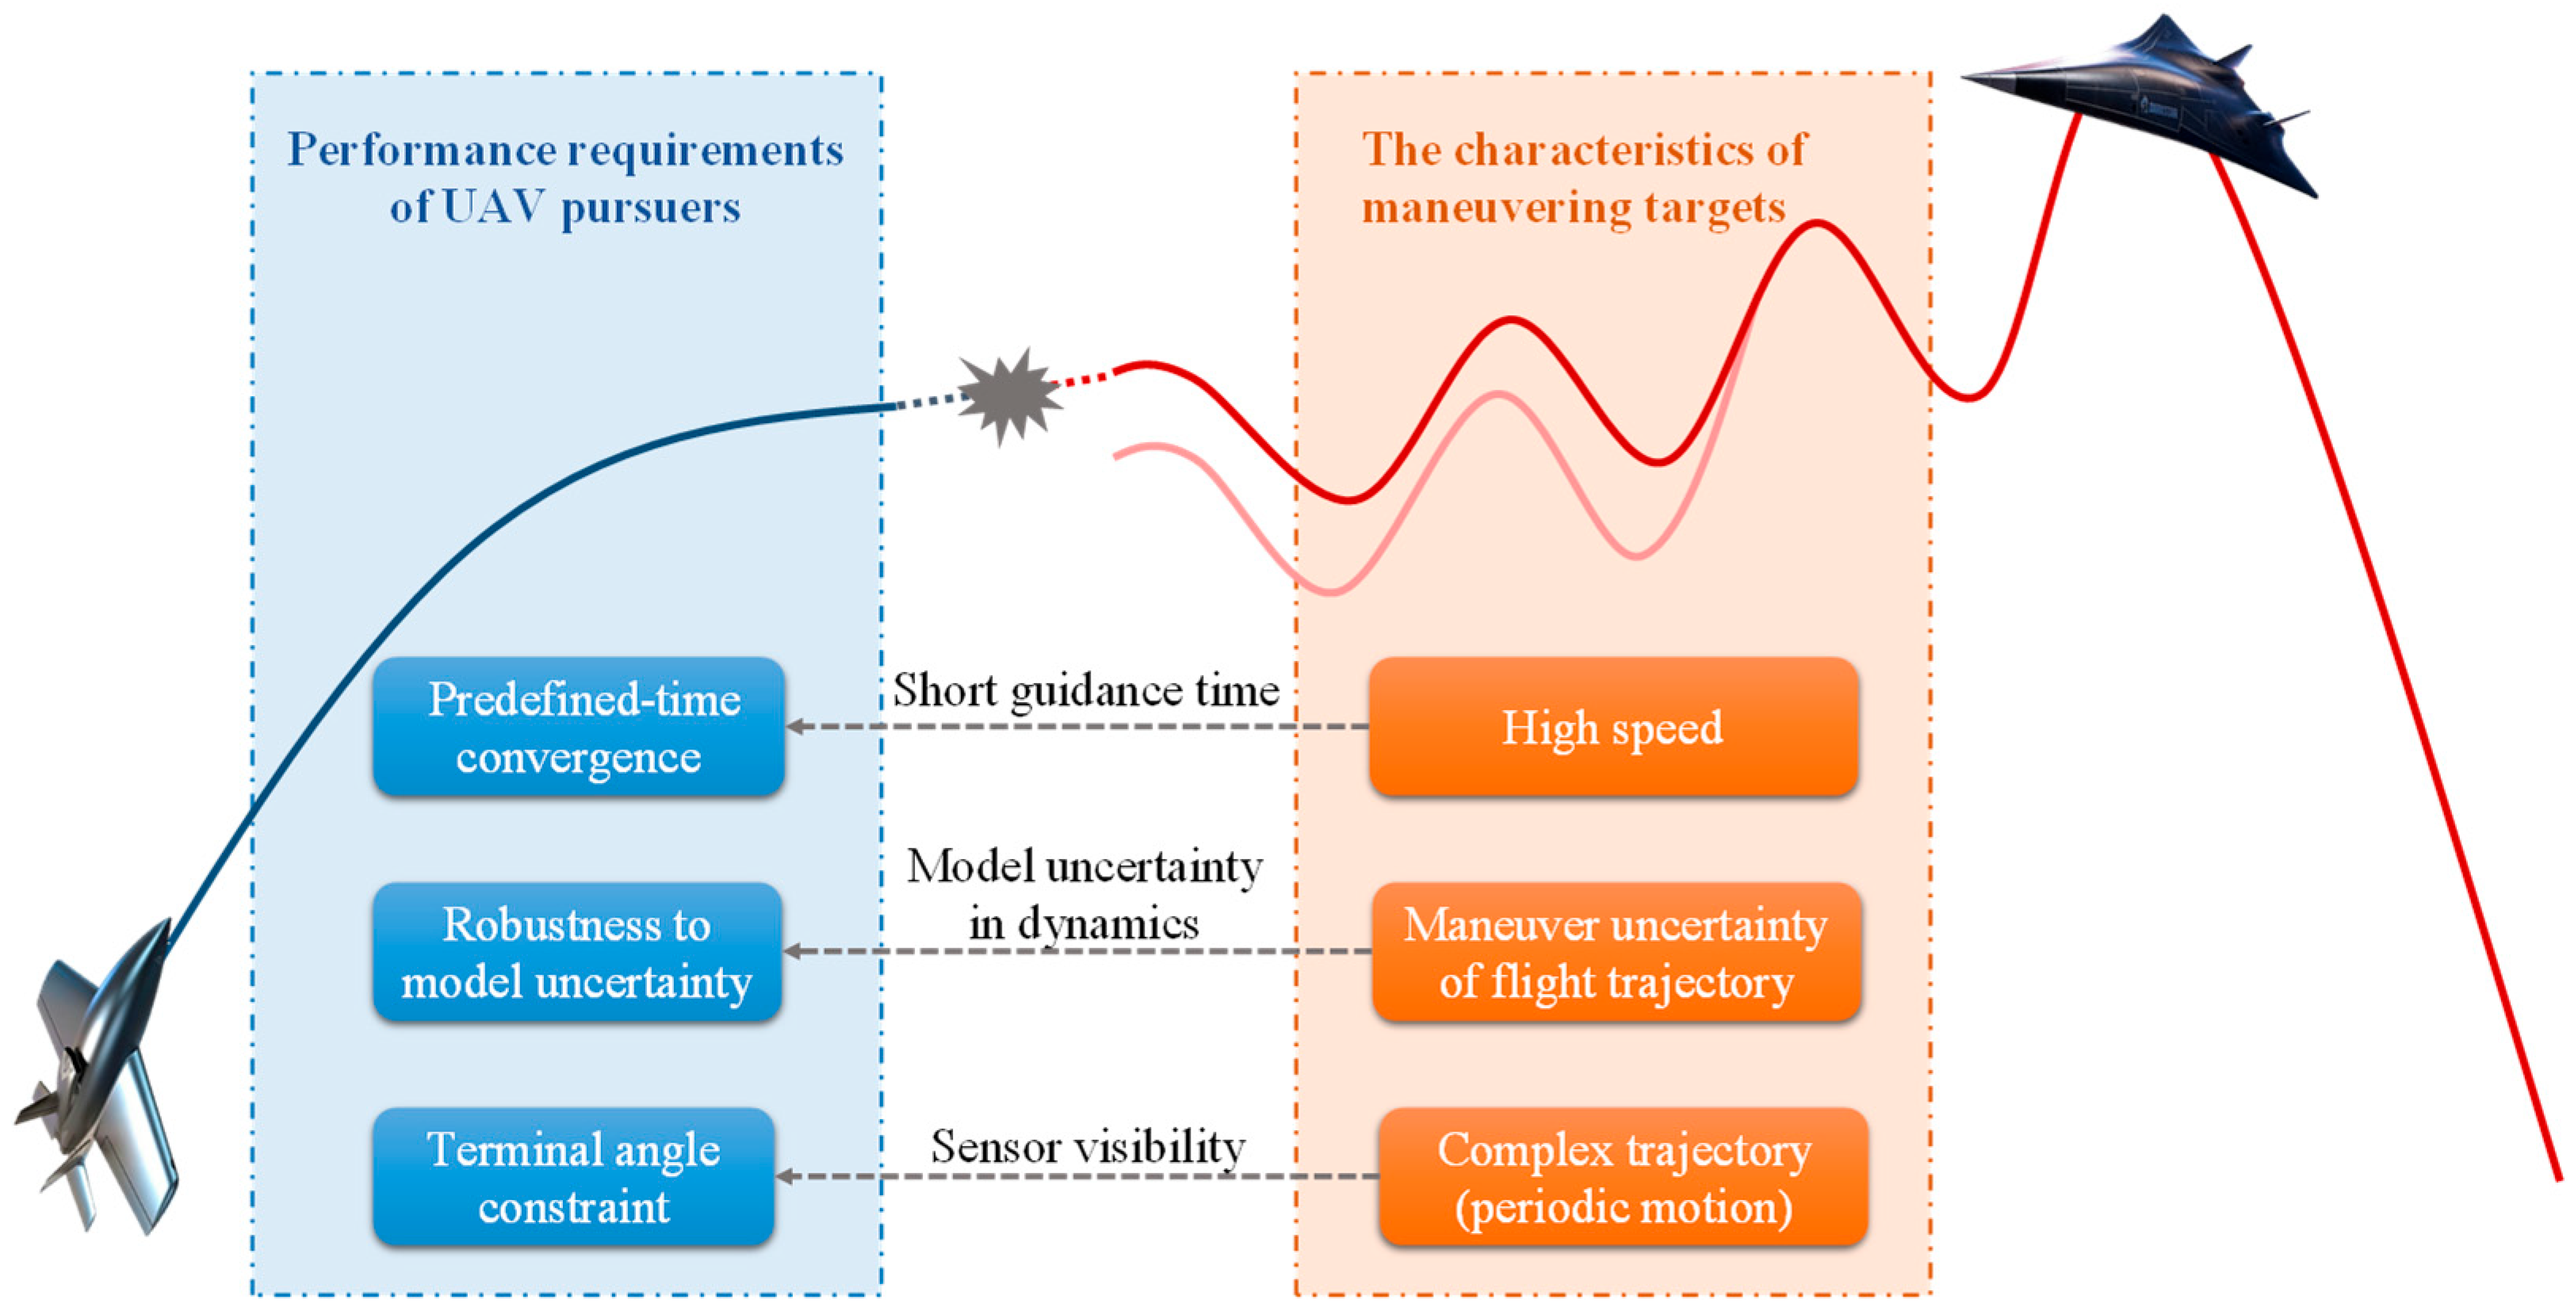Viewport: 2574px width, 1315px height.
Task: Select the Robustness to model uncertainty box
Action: tap(576, 951)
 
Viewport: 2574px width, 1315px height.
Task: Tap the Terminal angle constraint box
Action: tap(574, 1177)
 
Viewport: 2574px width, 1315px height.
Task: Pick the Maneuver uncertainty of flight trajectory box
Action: tap(1616, 951)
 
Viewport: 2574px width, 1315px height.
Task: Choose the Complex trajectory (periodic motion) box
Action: tap(1623, 1177)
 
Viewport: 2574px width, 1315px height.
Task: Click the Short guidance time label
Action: tap(1085, 690)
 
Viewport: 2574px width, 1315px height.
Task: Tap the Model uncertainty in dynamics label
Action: tap(1084, 894)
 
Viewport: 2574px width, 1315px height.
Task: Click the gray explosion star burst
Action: tap(1009, 396)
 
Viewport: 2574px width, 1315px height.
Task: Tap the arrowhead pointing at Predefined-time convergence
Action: tap(795, 726)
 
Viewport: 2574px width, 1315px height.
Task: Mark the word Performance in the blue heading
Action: tap(422, 150)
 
